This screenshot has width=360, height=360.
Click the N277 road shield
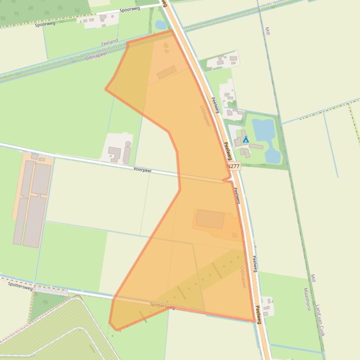(233, 166)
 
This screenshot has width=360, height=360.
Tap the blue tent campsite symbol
(246, 139)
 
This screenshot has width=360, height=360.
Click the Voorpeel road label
(142, 170)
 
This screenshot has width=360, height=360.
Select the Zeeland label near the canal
(109, 43)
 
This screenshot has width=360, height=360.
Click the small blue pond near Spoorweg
(161, 24)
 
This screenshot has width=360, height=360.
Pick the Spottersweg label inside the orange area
(162, 306)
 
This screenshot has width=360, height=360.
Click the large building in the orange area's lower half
(210, 219)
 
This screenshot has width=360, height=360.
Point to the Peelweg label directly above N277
(228, 151)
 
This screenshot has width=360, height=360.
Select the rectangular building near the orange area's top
(167, 72)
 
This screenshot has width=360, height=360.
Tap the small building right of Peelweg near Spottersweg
(268, 306)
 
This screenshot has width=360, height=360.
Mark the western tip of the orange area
(106, 89)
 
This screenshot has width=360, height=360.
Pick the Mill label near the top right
(268, 31)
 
